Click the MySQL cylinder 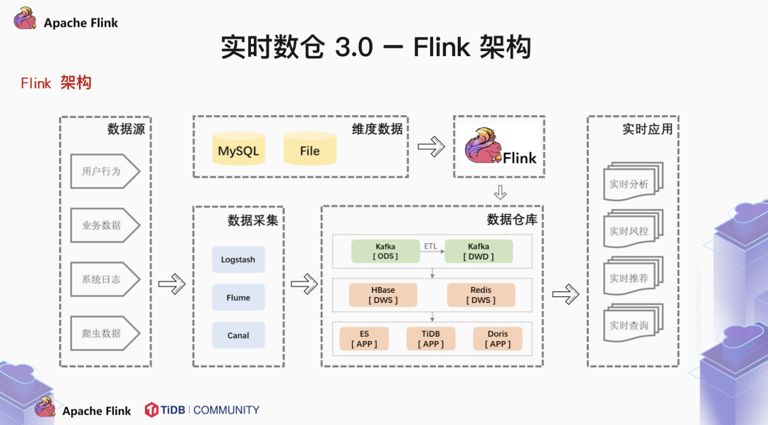(238, 150)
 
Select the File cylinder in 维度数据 (309, 150)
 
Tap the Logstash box (238, 259)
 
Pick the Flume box (238, 297)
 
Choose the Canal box (238, 335)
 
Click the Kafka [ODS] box (385, 252)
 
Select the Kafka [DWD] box (478, 252)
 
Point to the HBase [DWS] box (383, 295)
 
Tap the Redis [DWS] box (481, 295)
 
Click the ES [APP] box (364, 338)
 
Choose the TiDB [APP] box (431, 338)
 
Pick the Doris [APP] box (498, 338)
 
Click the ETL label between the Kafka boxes (431, 246)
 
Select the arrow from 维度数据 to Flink (431, 147)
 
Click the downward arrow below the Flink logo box (500, 193)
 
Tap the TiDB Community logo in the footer (202, 410)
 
